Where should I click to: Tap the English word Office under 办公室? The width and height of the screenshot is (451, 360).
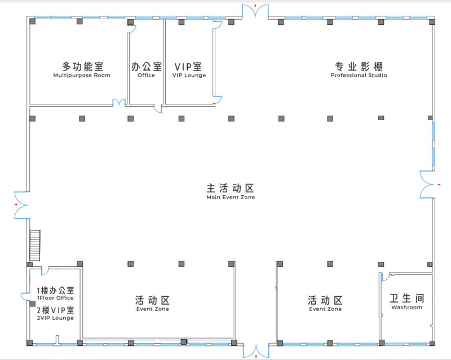pos(146,76)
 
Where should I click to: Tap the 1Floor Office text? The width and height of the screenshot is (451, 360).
pos(55,298)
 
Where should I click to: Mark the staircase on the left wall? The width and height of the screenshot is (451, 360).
pos(35,245)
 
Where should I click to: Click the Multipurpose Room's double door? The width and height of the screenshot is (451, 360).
pos(119,103)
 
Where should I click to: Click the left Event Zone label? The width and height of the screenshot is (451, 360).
pos(152,304)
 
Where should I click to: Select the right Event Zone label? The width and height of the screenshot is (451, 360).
pos(325,304)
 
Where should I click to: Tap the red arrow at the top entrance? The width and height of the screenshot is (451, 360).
pos(256,6)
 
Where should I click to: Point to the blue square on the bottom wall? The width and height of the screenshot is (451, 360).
pos(183,341)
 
